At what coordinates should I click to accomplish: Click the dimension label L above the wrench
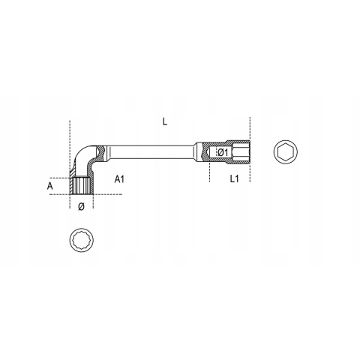pos(164,121)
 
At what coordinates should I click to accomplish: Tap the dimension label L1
pos(234,178)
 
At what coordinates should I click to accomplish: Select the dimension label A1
pos(119,179)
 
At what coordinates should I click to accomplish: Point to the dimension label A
pos(50,186)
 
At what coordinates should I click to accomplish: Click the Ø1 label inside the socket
pos(223,152)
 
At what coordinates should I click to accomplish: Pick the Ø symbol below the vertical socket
pos(81,206)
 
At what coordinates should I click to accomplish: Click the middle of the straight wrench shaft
pos(151,151)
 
